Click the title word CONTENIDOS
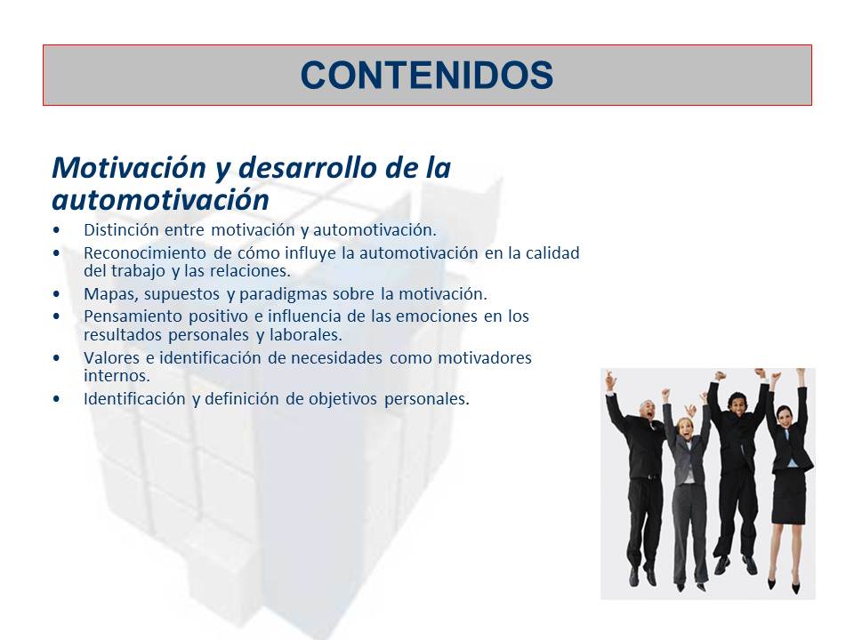(427, 76)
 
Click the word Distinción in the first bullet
(118, 229)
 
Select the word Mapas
(106, 293)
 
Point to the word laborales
(309, 335)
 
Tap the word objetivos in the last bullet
(344, 399)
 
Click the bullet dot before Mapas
(58, 293)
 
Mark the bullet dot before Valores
(58, 358)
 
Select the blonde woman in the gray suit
(687, 480)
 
